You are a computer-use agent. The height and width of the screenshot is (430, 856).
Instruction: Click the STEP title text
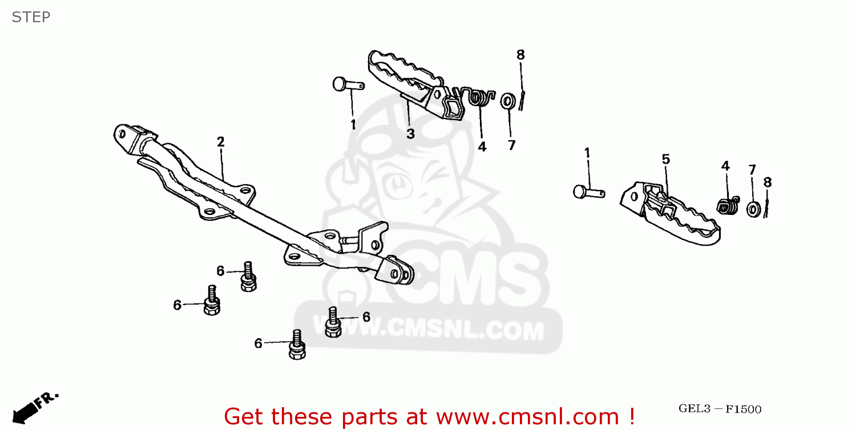click(31, 17)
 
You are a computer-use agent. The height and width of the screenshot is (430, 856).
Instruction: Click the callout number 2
click(220, 141)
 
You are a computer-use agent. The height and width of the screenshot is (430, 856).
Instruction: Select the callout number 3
click(410, 134)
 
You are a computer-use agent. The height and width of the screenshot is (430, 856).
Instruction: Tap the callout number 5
click(665, 159)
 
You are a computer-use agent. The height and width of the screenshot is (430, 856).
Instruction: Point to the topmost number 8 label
click(520, 55)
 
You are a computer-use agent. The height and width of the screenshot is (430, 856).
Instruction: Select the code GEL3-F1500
click(720, 409)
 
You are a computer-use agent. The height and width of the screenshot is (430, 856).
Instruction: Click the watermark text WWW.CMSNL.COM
click(428, 330)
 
